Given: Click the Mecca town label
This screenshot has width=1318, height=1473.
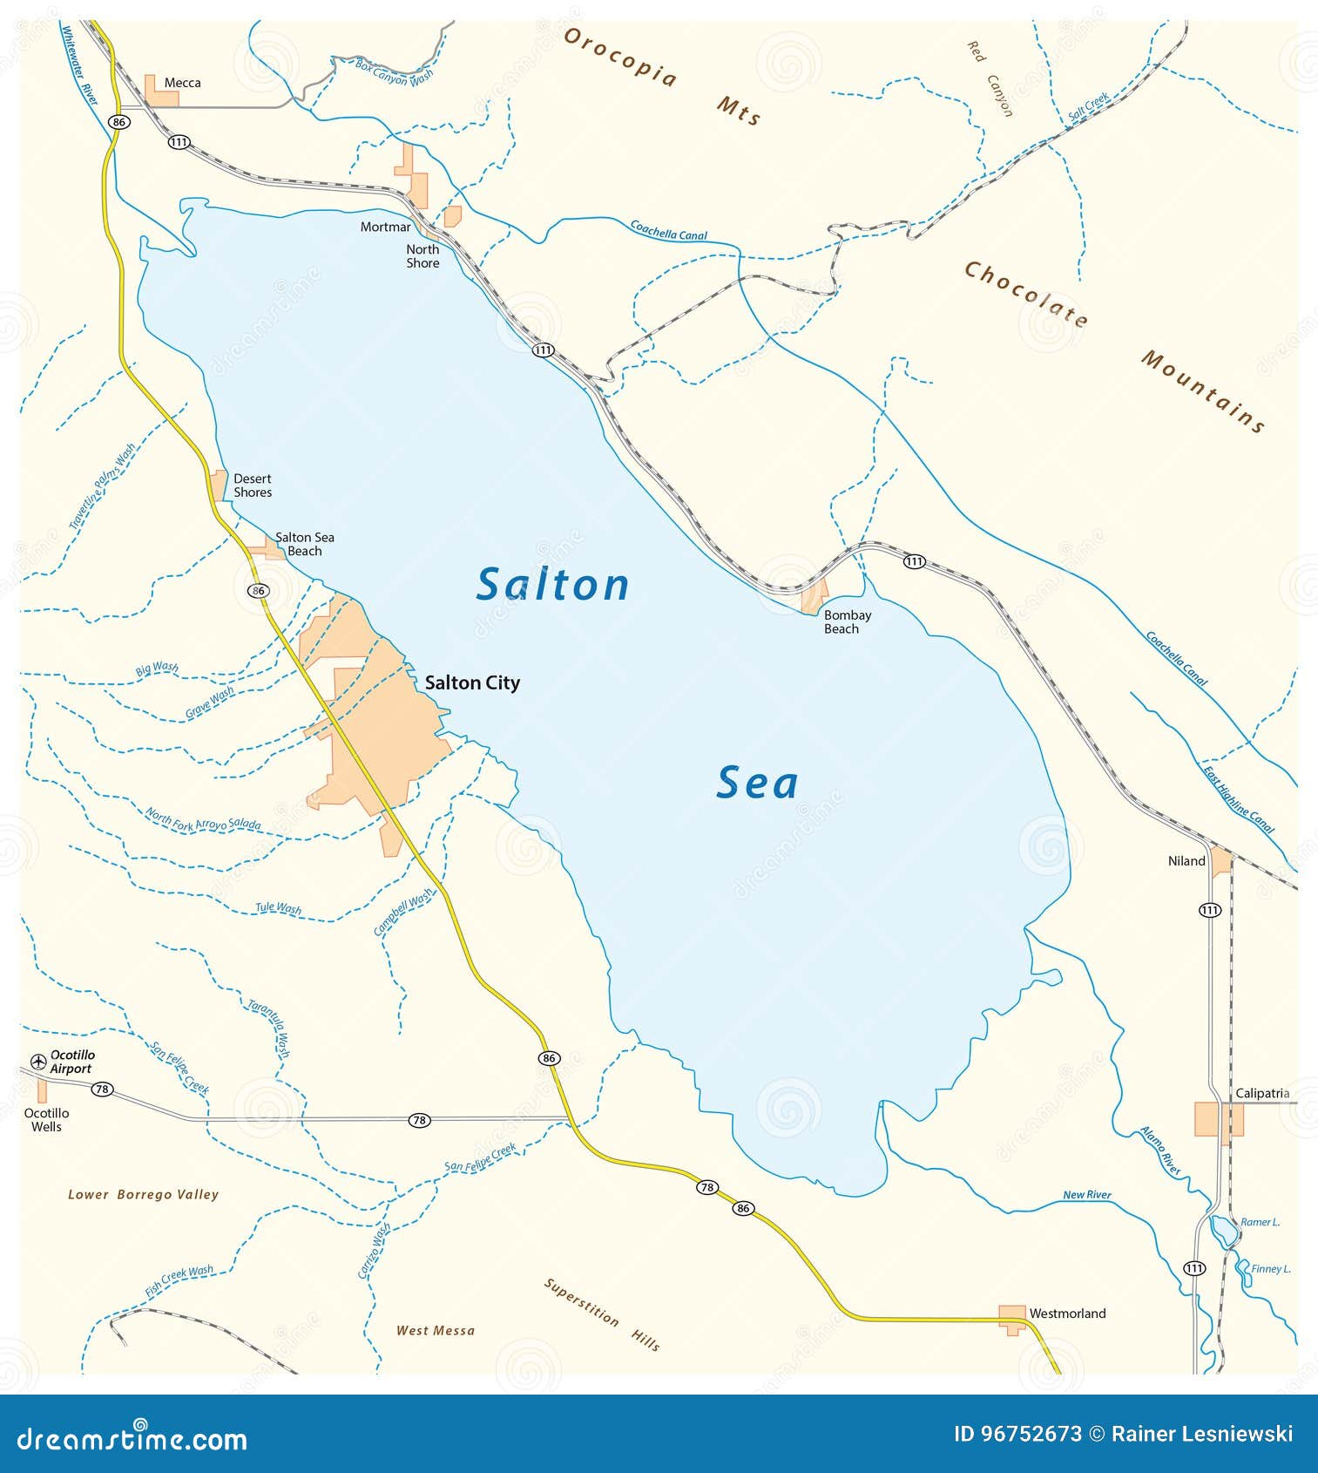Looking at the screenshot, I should pyautogui.click(x=182, y=83).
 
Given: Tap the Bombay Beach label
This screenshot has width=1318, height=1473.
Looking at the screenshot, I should pyautogui.click(x=847, y=621).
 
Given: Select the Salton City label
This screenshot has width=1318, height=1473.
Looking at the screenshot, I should pyautogui.click(x=472, y=682).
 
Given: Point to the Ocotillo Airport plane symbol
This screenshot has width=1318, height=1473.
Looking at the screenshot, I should pyautogui.click(x=38, y=1061).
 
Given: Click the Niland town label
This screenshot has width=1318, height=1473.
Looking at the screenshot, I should pyautogui.click(x=1186, y=861).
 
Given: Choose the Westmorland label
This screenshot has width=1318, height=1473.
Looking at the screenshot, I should pyautogui.click(x=1067, y=1313).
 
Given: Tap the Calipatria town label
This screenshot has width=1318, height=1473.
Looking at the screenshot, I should pyautogui.click(x=1261, y=1093).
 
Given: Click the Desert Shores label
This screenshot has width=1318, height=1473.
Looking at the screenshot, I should pyautogui.click(x=253, y=485).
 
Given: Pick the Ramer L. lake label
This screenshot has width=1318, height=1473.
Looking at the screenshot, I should pyautogui.click(x=1260, y=1222).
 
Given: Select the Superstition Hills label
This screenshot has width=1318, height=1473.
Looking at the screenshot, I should pyautogui.click(x=601, y=1313).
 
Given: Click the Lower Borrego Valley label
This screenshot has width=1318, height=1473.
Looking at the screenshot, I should pyautogui.click(x=143, y=1194).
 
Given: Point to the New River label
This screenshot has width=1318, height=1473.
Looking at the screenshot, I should pyautogui.click(x=1086, y=1195).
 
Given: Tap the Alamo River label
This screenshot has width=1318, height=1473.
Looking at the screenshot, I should pyautogui.click(x=1161, y=1151).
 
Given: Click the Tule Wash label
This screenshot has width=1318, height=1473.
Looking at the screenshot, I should pyautogui.click(x=278, y=908).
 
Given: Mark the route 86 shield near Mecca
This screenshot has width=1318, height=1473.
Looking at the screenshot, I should pyautogui.click(x=119, y=122).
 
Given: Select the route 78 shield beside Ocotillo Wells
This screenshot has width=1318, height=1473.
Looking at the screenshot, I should pyautogui.click(x=103, y=1089).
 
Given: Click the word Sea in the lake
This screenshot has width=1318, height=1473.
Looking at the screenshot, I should pyautogui.click(x=756, y=783).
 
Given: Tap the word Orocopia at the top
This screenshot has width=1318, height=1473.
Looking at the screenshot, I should pyautogui.click(x=619, y=58).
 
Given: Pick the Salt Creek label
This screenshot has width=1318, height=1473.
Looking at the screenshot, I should pyautogui.click(x=1088, y=106).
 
